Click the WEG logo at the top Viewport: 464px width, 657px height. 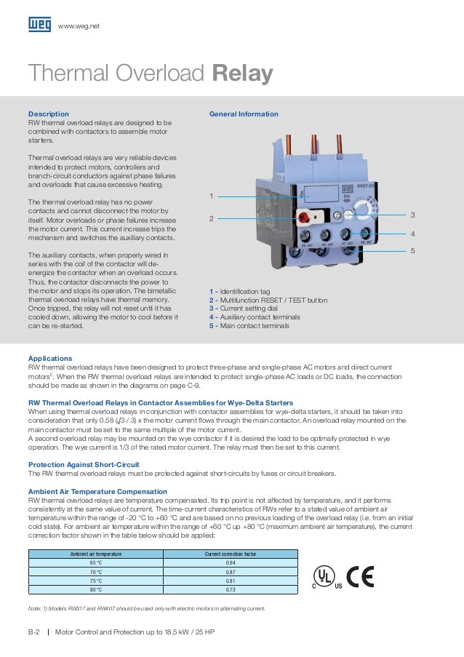(x=39, y=25)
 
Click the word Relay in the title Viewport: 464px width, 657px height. (x=243, y=74)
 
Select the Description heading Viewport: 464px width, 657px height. (x=48, y=114)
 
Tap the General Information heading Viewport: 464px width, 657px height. (x=244, y=114)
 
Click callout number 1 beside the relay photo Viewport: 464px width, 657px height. (x=212, y=196)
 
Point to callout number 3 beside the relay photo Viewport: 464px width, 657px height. (x=412, y=215)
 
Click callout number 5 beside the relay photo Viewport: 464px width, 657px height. (x=412, y=250)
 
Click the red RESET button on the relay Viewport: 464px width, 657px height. (x=303, y=216)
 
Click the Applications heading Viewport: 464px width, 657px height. (x=49, y=359)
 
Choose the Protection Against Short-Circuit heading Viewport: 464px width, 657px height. (x=91, y=465)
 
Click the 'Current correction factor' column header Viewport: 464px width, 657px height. (x=231, y=554)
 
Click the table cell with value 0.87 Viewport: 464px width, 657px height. (x=231, y=573)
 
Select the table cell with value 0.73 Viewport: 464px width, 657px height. (x=231, y=590)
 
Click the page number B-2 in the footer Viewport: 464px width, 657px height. (x=33, y=632)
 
